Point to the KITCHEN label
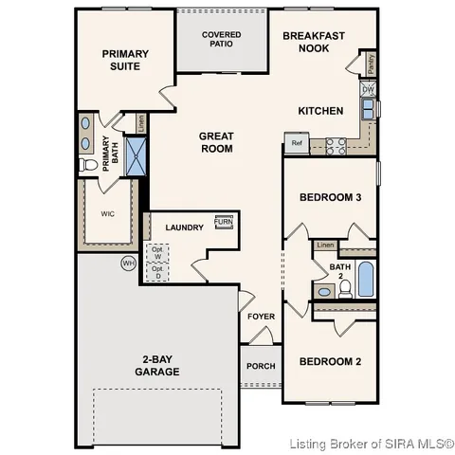point(320,111)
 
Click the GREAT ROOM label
point(216,142)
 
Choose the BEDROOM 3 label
point(330,197)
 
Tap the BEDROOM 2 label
point(330,361)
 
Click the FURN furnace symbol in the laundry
point(225,223)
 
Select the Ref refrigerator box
point(297,145)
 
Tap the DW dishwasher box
point(367,90)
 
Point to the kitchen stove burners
point(337,145)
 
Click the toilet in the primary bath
point(91,165)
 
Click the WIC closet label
point(107,214)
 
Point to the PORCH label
point(260,367)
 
